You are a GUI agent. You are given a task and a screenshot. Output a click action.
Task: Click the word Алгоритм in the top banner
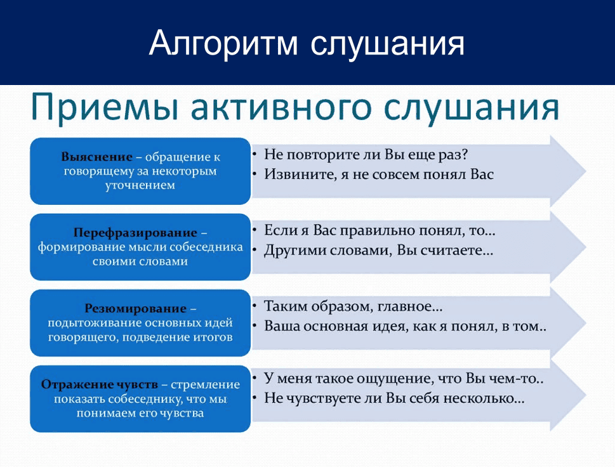tap(223, 43)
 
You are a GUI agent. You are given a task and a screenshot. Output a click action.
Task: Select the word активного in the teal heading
tap(281, 107)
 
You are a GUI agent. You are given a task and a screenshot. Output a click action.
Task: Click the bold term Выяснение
tap(97, 157)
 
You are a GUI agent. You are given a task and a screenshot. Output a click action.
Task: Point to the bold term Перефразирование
tap(135, 233)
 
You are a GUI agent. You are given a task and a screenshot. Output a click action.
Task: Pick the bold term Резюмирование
tap(135, 308)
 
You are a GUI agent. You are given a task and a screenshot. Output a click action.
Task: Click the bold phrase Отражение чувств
tap(100, 385)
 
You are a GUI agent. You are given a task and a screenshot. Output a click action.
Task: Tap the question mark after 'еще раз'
tap(465, 154)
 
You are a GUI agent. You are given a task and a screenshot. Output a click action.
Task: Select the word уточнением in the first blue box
tap(140, 185)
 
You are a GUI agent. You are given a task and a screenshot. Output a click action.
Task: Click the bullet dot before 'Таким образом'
tap(255, 306)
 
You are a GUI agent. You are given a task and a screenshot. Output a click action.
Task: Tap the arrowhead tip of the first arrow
tap(586, 171)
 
